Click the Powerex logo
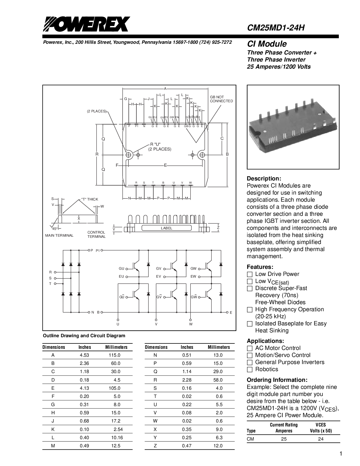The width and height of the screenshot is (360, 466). [86, 24]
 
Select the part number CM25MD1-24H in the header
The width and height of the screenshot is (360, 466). [276, 28]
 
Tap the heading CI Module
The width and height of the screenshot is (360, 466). [267, 44]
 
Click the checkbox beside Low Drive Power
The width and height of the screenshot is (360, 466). [250, 274]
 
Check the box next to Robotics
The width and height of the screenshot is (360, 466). [250, 369]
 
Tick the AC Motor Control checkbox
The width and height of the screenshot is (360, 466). [250, 348]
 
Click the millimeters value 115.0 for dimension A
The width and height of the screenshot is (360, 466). [115, 355]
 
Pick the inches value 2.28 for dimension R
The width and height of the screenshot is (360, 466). [187, 380]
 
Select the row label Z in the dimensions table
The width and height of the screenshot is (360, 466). [155, 446]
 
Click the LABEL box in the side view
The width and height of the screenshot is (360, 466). [167, 228]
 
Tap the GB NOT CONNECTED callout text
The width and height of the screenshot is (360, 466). [221, 99]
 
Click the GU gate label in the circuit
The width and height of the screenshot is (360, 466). [121, 269]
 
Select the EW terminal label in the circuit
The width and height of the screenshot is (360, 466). [193, 276]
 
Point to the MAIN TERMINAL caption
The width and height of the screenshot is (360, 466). [59, 236]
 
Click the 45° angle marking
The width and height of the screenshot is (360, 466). [55, 228]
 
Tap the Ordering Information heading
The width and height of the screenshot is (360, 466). [277, 380]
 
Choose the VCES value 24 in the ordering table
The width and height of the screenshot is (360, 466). [321, 439]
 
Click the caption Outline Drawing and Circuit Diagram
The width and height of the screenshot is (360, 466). [84, 336]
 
